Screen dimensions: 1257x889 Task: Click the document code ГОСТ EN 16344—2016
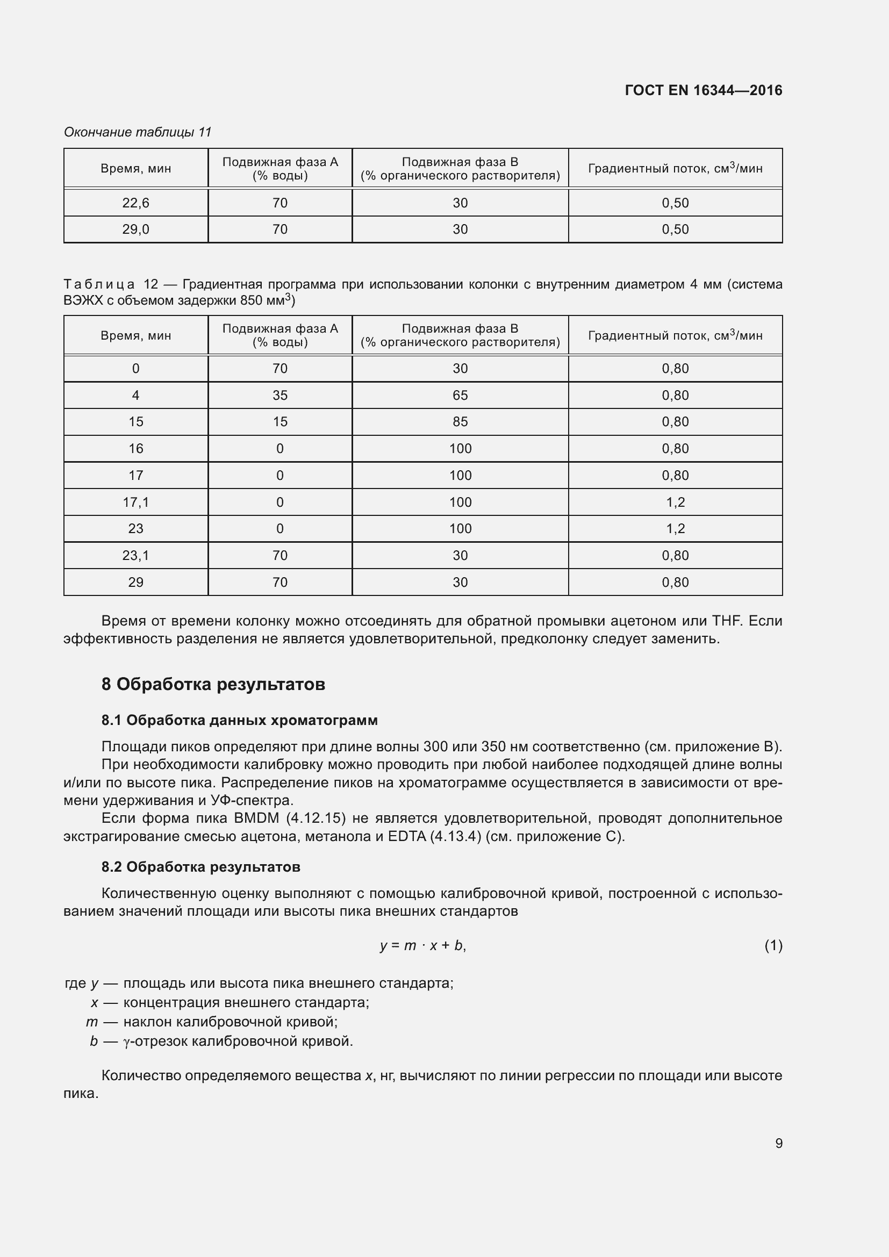pos(703,90)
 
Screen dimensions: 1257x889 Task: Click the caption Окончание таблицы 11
pos(138,132)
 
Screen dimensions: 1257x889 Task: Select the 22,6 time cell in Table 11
pos(136,203)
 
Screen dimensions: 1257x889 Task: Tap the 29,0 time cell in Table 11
pos(136,229)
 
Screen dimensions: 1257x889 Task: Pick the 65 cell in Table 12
pos(460,396)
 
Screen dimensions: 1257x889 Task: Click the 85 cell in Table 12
pos(460,421)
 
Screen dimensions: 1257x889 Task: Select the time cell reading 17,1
pos(136,502)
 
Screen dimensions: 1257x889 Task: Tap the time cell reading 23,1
pos(136,555)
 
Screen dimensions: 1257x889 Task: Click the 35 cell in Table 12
pos(279,396)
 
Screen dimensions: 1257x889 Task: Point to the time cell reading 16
pos(136,448)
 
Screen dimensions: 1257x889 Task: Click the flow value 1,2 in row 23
pos(675,528)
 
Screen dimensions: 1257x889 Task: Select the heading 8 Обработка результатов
pos(213,684)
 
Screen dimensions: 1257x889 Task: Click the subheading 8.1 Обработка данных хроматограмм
pos(239,720)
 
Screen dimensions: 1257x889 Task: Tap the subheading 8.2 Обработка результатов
pos(200,867)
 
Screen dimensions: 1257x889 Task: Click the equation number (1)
pos(773,945)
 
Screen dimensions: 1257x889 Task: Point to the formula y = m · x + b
pos(422,945)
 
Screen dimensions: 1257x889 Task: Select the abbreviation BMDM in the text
pos(256,818)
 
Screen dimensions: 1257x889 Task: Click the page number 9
pos(778,1143)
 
